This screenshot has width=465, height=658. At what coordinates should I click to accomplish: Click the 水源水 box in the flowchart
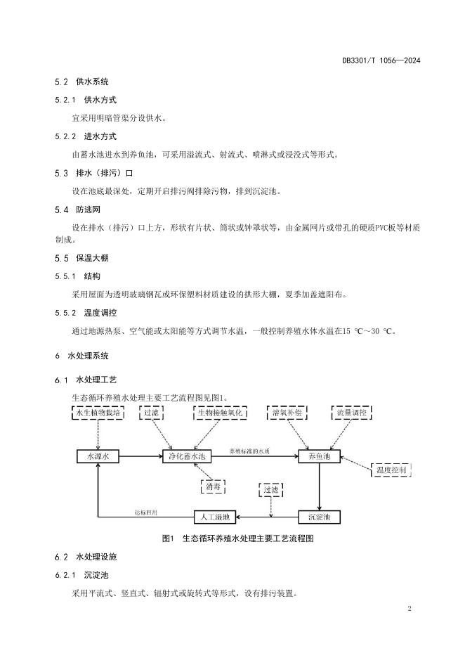point(98,456)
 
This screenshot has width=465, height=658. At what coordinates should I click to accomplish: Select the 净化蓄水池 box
point(187,456)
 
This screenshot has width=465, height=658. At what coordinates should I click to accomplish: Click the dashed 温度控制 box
point(389,470)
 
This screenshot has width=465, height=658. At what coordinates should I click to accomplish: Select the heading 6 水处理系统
point(81,356)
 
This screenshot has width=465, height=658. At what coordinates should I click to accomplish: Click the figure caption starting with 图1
point(237,539)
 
